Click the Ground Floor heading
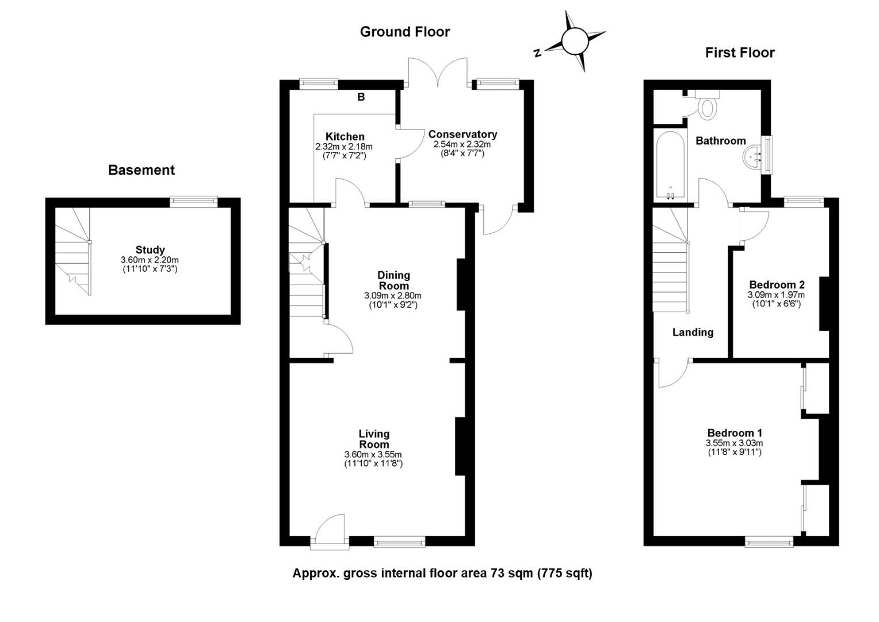point(404,32)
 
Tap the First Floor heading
point(740,52)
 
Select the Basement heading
point(142,170)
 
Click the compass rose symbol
point(574,41)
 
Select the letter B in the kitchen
point(361,97)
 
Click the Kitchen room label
point(345,136)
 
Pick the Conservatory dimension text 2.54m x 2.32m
point(462,145)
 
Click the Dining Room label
point(393,280)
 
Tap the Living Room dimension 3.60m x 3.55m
point(373,454)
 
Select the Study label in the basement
point(150,250)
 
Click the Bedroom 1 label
point(735,433)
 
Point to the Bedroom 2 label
point(777,285)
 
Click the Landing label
point(693,332)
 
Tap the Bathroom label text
point(720,141)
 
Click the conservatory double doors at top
point(437,72)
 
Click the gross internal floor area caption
point(442,573)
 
